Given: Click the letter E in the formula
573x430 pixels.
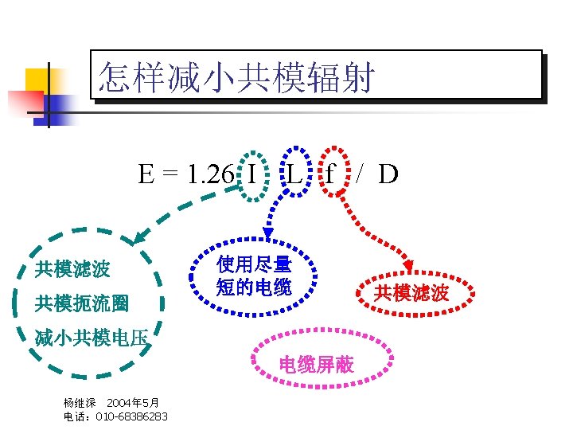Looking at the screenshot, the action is pos(146,174).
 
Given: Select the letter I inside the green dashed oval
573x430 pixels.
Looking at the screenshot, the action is pos(251,174).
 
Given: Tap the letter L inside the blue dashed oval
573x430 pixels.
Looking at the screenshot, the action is pos(294,174).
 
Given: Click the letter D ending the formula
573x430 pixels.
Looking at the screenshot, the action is pos(388,174).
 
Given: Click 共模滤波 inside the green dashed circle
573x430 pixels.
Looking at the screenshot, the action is pos(72,269).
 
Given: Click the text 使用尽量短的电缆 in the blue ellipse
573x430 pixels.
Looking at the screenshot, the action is pos(254,276).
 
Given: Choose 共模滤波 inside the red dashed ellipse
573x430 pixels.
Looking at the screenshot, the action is pos(411,293).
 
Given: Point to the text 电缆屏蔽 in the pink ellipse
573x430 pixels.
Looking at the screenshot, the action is pos(316,365).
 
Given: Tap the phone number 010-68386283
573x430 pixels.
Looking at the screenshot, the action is pos(131,417).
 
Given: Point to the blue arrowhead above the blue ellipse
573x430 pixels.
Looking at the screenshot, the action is pos(267,233).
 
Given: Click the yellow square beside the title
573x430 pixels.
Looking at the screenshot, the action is pos(37,80).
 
